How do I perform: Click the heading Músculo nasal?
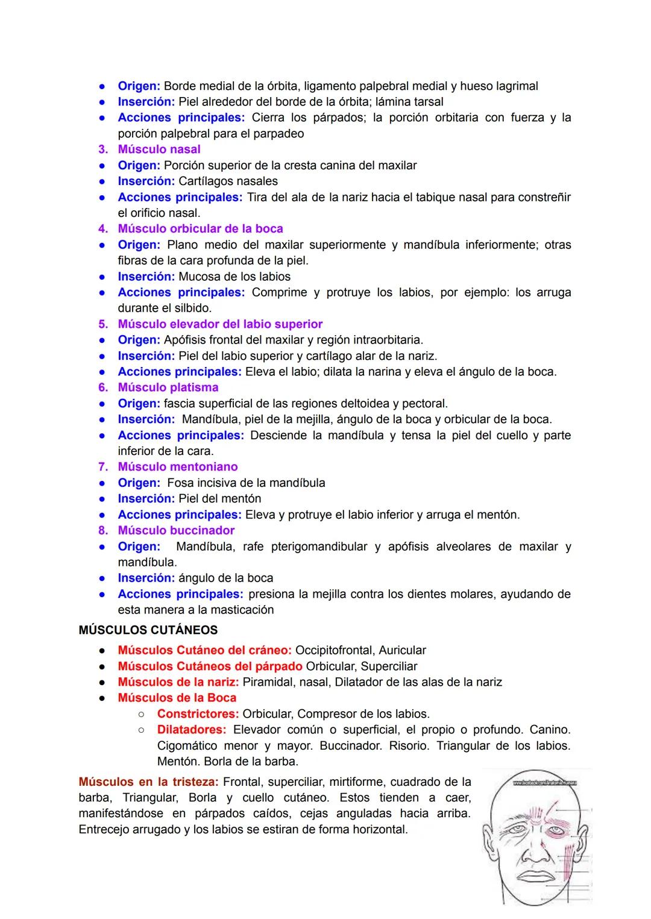(x=159, y=149)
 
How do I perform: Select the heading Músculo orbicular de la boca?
(x=200, y=229)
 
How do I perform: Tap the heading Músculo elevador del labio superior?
(x=220, y=324)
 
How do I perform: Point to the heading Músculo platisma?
(x=168, y=387)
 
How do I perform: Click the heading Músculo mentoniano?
(x=178, y=467)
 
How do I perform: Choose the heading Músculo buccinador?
(x=176, y=531)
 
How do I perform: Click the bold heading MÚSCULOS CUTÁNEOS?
(x=148, y=630)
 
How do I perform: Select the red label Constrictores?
(x=198, y=714)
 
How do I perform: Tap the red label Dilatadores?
(x=192, y=730)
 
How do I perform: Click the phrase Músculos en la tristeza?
(x=148, y=782)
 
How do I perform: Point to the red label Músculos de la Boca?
(x=177, y=698)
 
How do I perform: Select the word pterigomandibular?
(x=319, y=547)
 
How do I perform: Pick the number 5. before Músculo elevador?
(x=103, y=324)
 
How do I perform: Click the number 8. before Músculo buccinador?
(x=103, y=531)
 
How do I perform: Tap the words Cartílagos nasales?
(x=228, y=181)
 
